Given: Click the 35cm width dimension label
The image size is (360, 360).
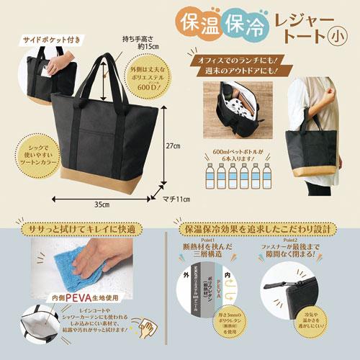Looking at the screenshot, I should [x=102, y=204].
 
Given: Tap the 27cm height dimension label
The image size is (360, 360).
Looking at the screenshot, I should [x=171, y=145].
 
